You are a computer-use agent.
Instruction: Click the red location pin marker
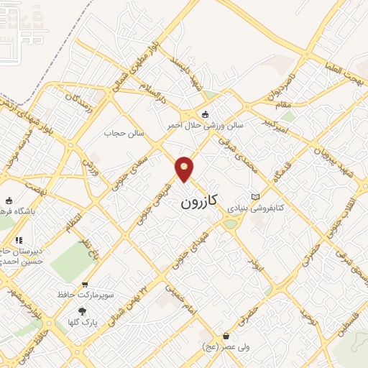tap(185, 168)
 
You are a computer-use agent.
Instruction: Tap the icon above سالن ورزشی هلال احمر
tap(206, 114)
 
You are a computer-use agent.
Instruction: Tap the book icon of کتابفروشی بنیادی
tap(255, 196)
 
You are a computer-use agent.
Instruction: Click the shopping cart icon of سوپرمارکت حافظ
tap(86, 284)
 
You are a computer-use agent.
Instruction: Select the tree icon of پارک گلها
tap(81, 311)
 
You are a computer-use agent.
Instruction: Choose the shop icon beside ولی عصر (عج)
tap(226, 336)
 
